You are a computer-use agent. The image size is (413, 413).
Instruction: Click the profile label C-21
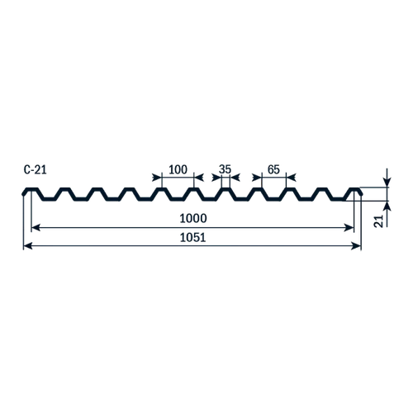[x=35, y=170]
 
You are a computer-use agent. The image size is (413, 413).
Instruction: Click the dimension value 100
[x=178, y=169]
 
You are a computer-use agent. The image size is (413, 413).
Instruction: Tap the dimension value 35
[x=225, y=169]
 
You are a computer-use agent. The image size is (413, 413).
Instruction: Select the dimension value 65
[x=273, y=169]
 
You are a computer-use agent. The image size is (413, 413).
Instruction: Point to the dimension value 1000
[x=193, y=218]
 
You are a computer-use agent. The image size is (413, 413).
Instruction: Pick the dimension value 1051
[x=192, y=237]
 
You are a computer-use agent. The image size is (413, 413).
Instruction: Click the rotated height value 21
[x=379, y=221]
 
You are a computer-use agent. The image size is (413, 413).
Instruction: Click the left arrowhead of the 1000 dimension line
[x=36, y=228]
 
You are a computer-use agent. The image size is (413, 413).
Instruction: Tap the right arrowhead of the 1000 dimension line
[x=349, y=228]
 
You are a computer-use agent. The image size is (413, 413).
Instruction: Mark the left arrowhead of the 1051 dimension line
[x=28, y=246]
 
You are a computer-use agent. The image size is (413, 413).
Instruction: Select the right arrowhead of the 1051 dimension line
[x=356, y=246]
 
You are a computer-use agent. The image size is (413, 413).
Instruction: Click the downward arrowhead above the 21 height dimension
[x=387, y=183]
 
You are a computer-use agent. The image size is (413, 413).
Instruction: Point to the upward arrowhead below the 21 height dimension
[x=387, y=206]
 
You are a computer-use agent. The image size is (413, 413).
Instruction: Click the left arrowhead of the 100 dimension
[x=157, y=178]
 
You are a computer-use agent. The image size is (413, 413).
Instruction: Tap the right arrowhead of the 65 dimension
[x=291, y=178]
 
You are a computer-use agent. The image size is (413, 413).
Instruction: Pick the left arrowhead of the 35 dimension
[x=216, y=178]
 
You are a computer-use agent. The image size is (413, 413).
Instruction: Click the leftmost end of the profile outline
[x=23, y=194]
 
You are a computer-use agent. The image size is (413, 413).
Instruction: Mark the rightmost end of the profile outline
[x=362, y=194]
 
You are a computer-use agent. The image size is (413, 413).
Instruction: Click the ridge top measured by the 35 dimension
[x=225, y=189]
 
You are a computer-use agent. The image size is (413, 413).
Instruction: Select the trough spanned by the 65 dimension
[x=274, y=199]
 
